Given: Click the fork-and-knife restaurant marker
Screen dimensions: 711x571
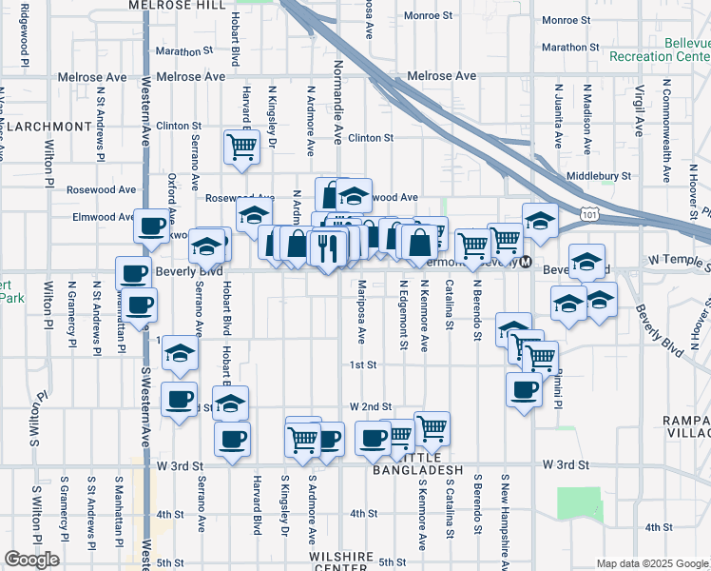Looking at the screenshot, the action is (x=327, y=249).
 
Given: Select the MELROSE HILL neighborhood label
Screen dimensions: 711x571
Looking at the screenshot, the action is (x=179, y=6).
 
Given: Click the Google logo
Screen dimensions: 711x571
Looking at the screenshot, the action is (x=32, y=560).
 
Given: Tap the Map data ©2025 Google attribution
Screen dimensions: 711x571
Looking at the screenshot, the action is (x=652, y=563).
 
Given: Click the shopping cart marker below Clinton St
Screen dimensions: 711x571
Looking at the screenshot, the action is (x=242, y=148).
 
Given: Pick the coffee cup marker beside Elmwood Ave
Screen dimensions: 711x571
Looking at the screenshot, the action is (x=152, y=226).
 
